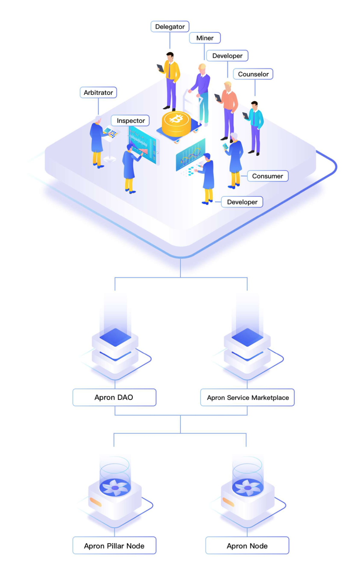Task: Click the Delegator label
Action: coord(170,27)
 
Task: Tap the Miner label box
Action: coord(205,38)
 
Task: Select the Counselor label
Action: coord(253,74)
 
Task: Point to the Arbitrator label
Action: coord(98,92)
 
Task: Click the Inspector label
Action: coord(130,121)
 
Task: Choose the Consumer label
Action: coord(268,176)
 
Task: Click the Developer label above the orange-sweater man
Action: coord(227,56)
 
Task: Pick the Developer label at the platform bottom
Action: coord(242,202)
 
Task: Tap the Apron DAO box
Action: coord(114,397)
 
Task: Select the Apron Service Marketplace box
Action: coord(247,397)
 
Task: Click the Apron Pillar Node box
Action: coord(114,546)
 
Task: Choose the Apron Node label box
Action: coord(247,546)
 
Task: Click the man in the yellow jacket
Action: coord(171,81)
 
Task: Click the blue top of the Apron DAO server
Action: coord(115,337)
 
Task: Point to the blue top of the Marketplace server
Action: coord(247,337)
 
